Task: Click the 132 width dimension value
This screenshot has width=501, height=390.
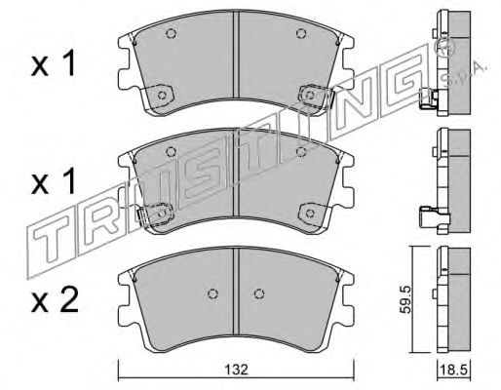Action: (x=236, y=370)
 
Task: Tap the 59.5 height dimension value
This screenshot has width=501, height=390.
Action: (x=405, y=299)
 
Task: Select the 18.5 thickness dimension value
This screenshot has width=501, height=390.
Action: (x=454, y=370)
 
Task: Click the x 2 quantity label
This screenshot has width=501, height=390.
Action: (x=55, y=301)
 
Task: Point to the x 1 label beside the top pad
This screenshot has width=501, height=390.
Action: (x=54, y=64)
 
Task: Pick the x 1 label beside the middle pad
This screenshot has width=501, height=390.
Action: (x=54, y=182)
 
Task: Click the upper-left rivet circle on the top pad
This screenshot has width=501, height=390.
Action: (x=171, y=33)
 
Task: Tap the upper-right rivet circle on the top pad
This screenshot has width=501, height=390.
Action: (x=301, y=33)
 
